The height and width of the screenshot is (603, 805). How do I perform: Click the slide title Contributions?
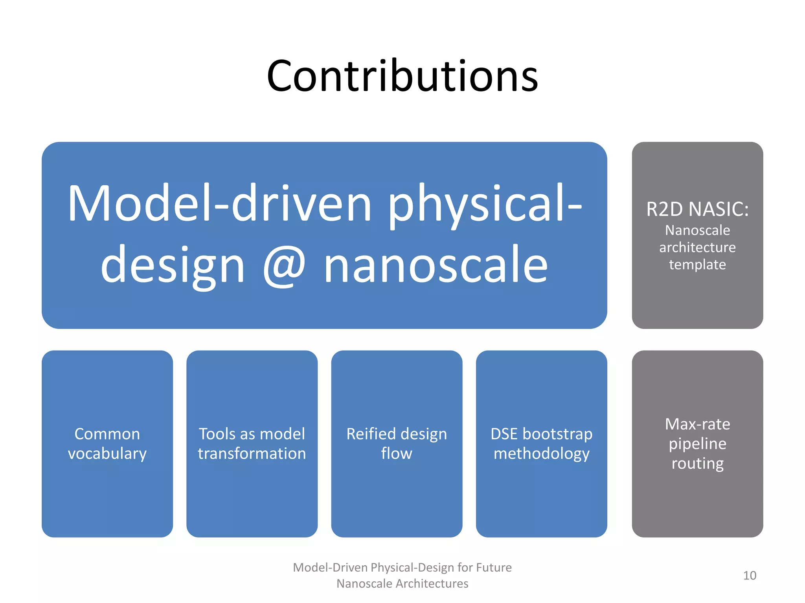tap(402, 76)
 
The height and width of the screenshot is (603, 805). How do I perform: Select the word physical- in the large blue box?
tap(484, 204)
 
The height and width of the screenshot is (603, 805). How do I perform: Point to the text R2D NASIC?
tap(697, 209)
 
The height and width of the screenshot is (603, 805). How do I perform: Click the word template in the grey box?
tap(697, 265)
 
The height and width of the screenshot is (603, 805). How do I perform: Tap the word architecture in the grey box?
tap(697, 247)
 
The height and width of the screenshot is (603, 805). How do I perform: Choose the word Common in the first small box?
tap(107, 434)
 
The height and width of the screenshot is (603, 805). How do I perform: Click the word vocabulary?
tap(107, 454)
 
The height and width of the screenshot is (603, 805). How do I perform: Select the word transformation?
tap(252, 454)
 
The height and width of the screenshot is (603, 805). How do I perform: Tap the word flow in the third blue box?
tap(396, 454)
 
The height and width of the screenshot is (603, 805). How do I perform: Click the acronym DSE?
tap(504, 434)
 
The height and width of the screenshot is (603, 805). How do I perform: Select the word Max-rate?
tap(697, 424)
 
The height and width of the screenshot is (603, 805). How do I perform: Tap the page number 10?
tap(750, 576)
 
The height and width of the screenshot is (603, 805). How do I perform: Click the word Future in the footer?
tap(494, 567)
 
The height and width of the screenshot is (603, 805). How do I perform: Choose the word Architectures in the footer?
tap(432, 584)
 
